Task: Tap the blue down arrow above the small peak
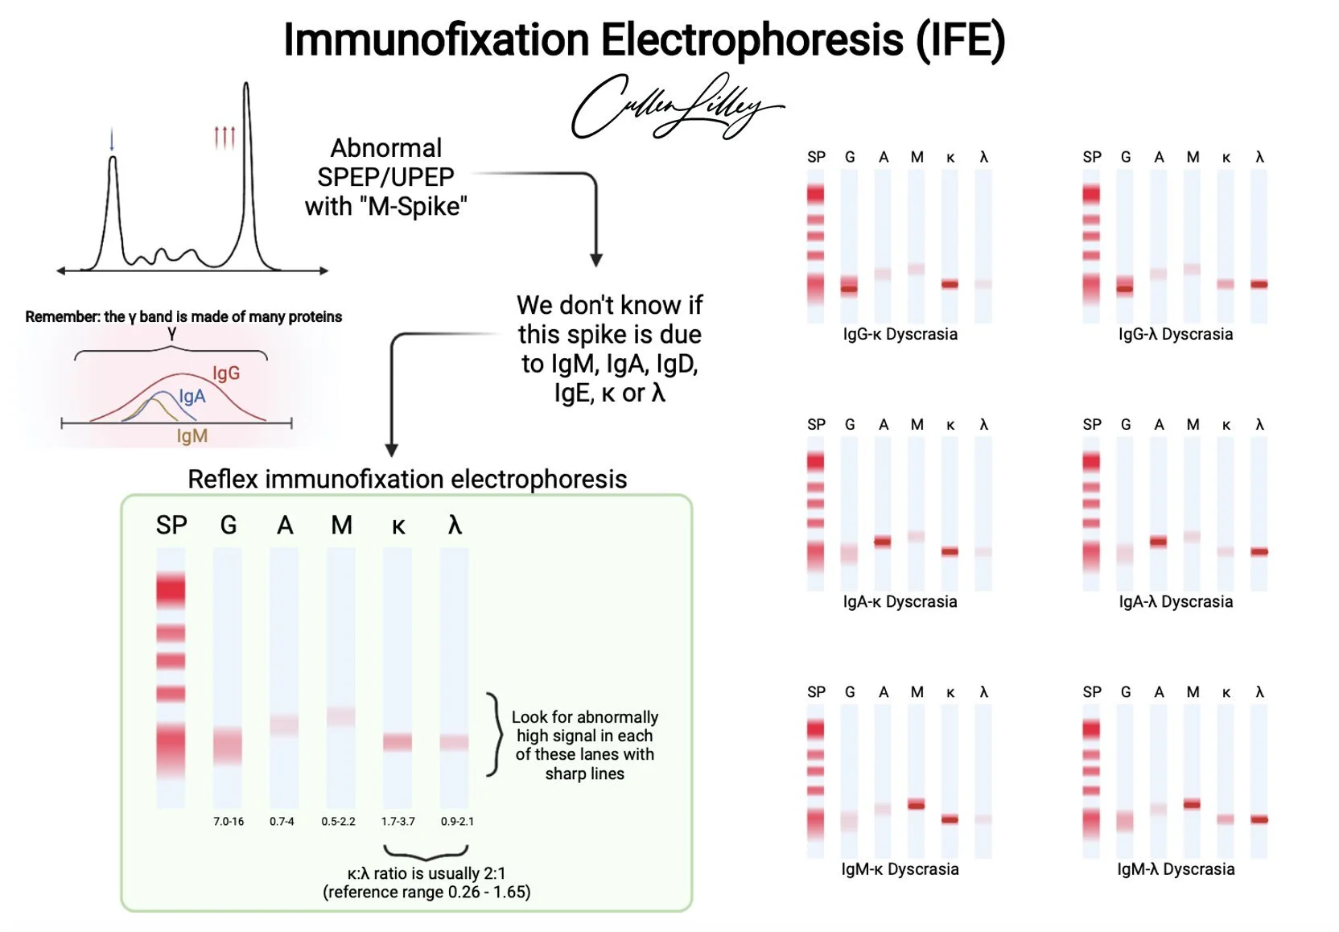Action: point(112,140)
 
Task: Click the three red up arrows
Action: point(225,137)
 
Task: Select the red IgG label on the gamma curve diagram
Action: point(226,373)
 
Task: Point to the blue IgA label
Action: point(192,396)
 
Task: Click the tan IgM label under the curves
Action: point(192,435)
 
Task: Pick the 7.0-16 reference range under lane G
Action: point(229,822)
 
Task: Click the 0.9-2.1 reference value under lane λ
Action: point(457,822)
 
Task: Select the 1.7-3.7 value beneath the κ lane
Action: point(398,822)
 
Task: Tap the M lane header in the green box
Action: point(341,526)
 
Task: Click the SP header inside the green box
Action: point(171,526)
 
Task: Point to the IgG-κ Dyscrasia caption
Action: point(900,334)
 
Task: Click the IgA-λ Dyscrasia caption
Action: point(1176,601)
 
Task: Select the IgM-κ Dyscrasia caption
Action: point(900,869)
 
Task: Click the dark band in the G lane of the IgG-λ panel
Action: point(1125,288)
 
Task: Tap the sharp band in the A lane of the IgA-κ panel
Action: point(883,542)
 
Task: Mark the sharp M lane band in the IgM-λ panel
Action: point(1192,803)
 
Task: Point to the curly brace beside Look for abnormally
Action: point(493,734)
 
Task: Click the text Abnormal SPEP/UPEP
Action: point(385,163)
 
